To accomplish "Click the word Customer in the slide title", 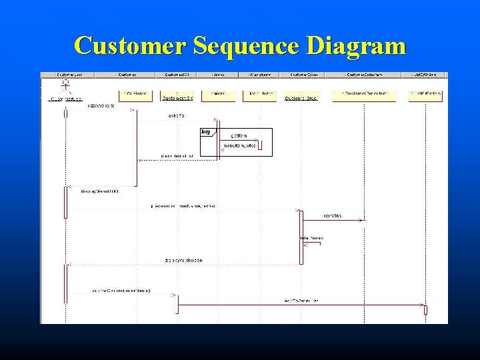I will tap(131, 46).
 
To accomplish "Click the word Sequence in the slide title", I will tap(246, 46).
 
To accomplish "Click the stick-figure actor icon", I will tap(65, 86).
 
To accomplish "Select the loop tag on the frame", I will tap(206, 132).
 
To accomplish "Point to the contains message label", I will tap(333, 215).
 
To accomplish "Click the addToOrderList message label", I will tap(301, 301).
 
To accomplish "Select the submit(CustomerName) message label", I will tap(121, 291).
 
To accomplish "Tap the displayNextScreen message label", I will tap(183, 260).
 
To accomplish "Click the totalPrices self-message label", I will tap(311, 238).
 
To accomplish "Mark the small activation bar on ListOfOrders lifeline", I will tap(425, 310).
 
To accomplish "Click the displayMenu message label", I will tap(99, 191).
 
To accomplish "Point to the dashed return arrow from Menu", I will tap(177, 160).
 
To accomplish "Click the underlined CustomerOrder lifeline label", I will tap(301, 98).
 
